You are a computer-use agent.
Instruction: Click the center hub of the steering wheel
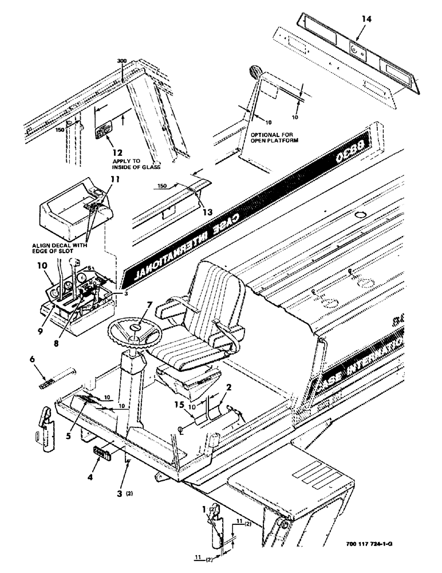pos(136,327)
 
